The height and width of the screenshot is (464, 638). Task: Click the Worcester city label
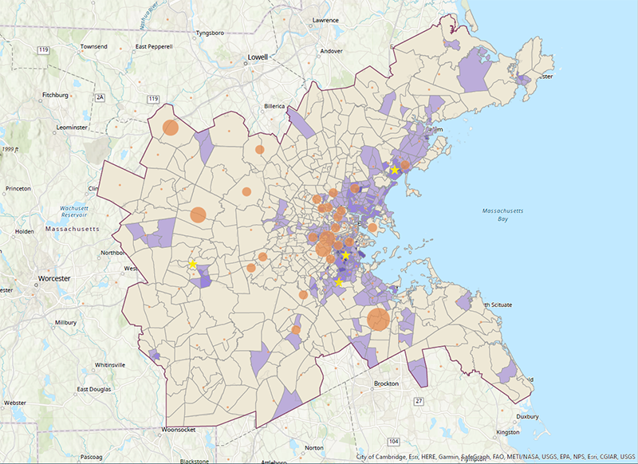[55, 279]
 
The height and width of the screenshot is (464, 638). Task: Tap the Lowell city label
[258, 57]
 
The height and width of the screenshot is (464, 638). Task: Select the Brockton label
[385, 383]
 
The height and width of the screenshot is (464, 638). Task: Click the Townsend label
[93, 47]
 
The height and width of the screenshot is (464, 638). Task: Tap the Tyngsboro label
[214, 34]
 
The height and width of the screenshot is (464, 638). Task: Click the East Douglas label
[93, 389]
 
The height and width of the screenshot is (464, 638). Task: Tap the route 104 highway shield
[392, 441]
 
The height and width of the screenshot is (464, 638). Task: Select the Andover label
[331, 51]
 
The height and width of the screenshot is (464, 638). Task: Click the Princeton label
[18, 188]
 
